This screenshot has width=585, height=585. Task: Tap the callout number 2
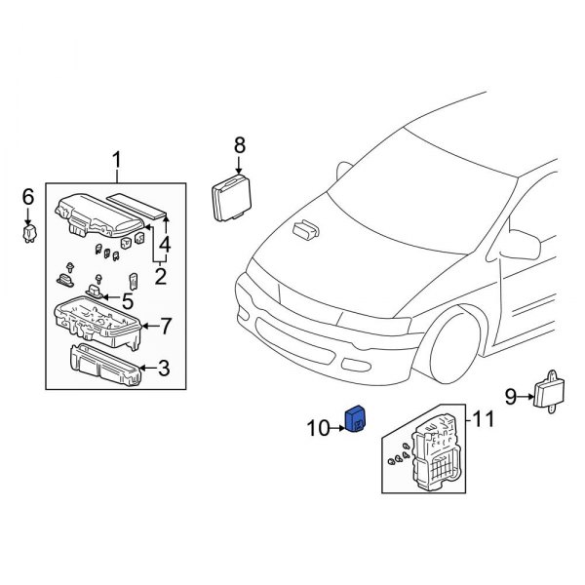coord(160,276)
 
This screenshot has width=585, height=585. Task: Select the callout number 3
coord(164,369)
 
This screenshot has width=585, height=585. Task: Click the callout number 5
coord(128,300)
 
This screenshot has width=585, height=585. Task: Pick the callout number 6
coord(28,198)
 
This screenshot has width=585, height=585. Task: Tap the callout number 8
coord(239,146)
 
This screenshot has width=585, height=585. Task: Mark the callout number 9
coord(510,396)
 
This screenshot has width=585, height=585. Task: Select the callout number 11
coord(484,420)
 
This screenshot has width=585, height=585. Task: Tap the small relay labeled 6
coord(29,234)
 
